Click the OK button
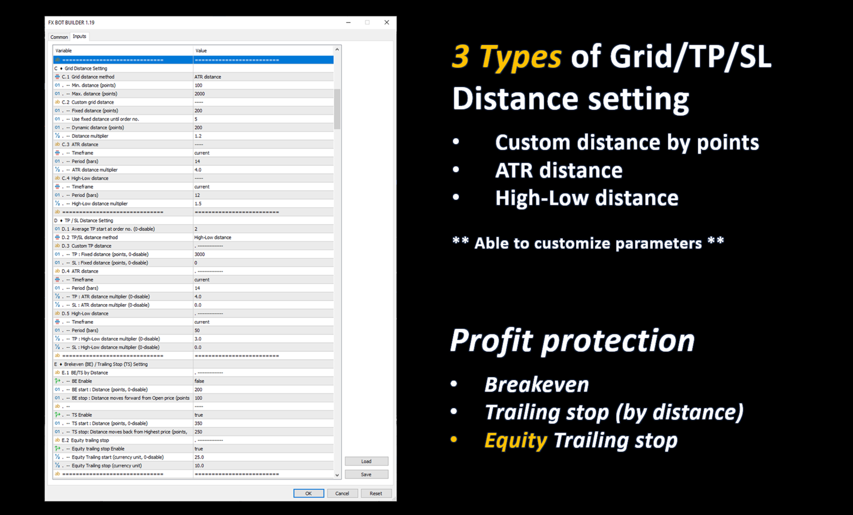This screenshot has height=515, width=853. coord(309,493)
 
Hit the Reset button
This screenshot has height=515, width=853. coord(376,493)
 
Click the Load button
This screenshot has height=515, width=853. coord(366,461)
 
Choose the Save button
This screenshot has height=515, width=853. coord(366,474)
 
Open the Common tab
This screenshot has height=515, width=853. coord(59,37)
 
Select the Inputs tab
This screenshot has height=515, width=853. coord(80,36)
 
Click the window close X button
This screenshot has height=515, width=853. coord(386,23)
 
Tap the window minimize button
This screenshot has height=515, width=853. coord(348,23)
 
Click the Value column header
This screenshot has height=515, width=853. coord(201,50)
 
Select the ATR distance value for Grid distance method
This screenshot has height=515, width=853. coord(208,77)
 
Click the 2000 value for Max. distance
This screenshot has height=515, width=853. coord(200,94)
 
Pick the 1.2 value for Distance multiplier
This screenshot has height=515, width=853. coord(198,136)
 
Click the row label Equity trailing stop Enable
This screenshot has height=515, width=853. coord(98,449)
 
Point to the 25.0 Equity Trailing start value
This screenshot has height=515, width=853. coord(199,457)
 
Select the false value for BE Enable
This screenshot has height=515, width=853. coord(199,381)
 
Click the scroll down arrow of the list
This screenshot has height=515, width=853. coord(337,475)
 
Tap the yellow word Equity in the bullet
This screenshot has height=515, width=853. coord(516,441)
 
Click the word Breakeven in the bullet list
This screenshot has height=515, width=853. coord(537,384)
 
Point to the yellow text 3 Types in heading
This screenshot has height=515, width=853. coord(506,57)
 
